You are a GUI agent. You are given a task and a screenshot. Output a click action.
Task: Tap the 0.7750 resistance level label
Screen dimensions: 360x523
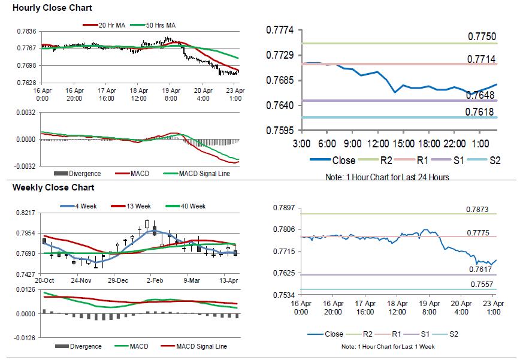[482, 37]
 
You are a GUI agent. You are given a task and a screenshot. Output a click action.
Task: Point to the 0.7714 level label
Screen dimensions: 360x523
[482, 59]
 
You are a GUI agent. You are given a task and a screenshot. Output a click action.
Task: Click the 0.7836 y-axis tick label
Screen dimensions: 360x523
[25, 31]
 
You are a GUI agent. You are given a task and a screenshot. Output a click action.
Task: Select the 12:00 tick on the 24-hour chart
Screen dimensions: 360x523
[377, 144]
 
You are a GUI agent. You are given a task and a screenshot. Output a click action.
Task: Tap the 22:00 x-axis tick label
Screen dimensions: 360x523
[454, 144]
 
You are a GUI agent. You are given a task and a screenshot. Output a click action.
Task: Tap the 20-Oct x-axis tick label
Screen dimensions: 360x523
[44, 280]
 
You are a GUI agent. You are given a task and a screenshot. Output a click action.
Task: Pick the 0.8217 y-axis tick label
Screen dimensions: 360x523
[25, 213]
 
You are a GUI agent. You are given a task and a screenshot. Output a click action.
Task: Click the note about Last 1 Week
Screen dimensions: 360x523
[388, 347]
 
